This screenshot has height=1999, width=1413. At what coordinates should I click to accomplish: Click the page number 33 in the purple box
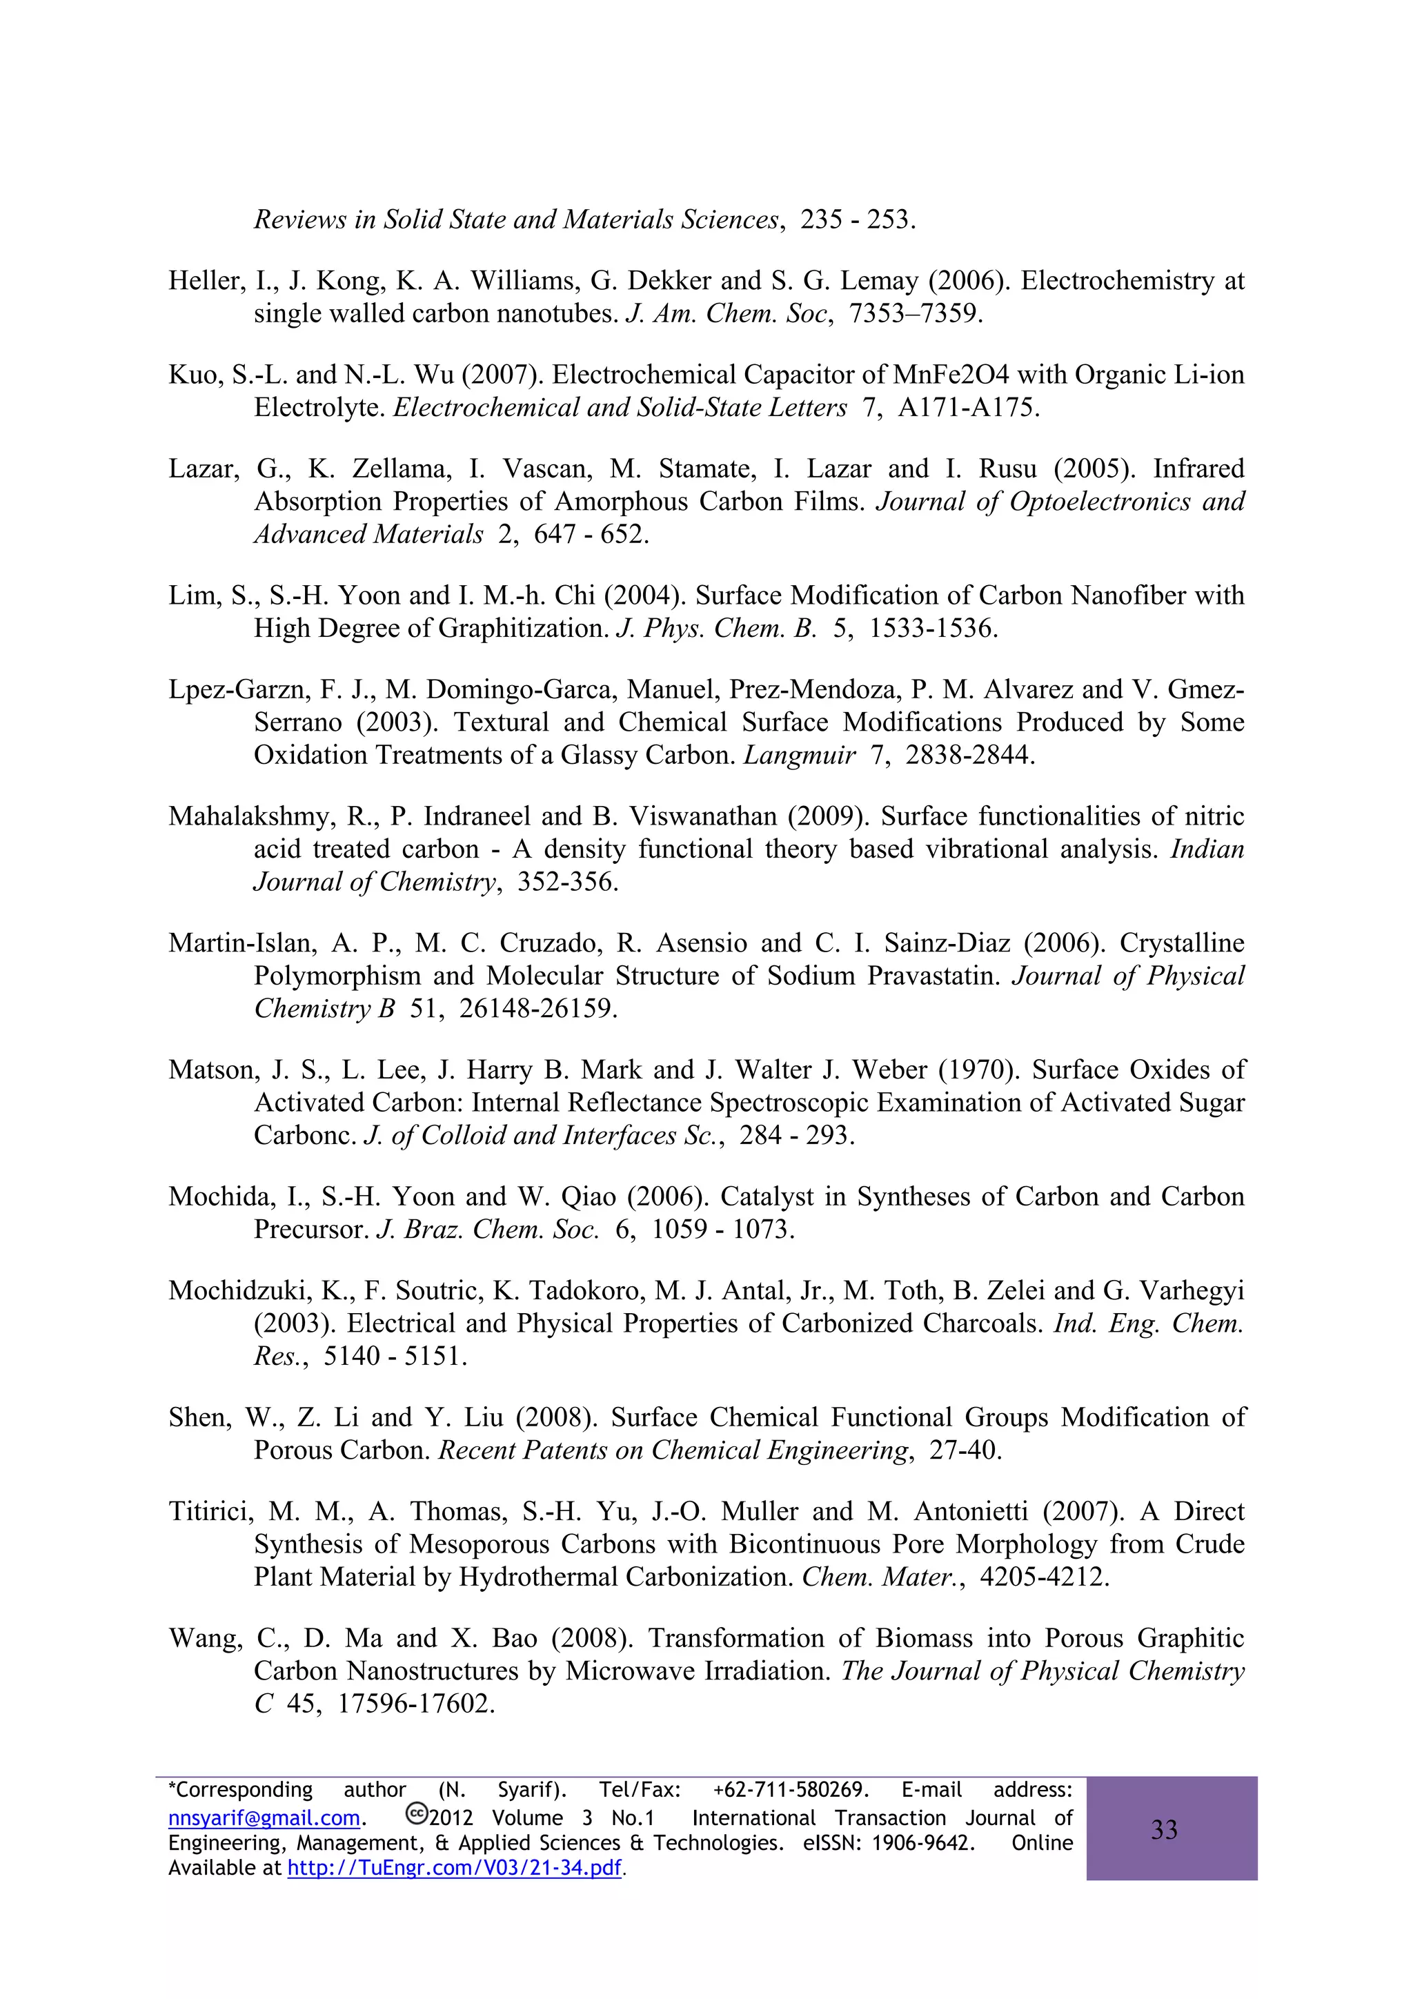(1164, 1829)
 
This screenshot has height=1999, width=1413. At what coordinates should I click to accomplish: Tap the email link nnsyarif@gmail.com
(264, 1818)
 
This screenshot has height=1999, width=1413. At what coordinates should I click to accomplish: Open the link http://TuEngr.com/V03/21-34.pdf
(455, 1867)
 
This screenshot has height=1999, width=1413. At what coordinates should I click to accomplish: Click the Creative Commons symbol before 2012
(416, 1815)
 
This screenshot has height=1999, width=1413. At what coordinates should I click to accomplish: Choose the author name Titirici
(210, 1511)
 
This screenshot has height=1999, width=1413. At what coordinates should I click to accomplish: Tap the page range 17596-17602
(415, 1704)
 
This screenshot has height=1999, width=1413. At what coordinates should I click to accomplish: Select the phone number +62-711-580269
(791, 1790)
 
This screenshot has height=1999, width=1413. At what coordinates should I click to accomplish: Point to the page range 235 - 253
(857, 219)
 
